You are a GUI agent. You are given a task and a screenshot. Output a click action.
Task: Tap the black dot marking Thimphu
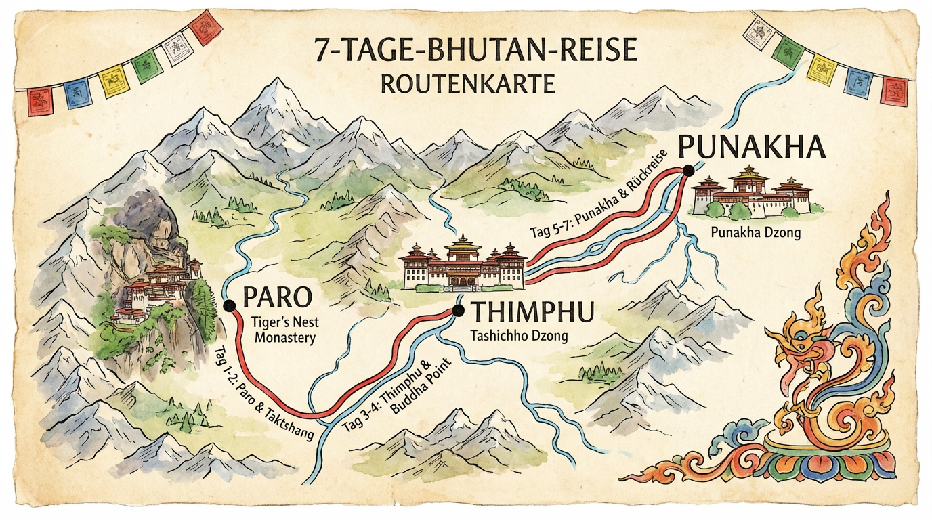coord(458,311)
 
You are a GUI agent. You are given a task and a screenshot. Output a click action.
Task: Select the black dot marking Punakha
coord(689,171)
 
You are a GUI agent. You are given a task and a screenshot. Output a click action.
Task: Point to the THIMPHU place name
coord(532,313)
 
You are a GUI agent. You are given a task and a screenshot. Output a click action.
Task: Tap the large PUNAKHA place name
coord(752,146)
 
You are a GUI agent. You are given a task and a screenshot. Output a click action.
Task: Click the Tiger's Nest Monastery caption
coord(285,330)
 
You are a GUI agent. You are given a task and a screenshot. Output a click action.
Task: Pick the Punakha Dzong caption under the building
coord(755,232)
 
